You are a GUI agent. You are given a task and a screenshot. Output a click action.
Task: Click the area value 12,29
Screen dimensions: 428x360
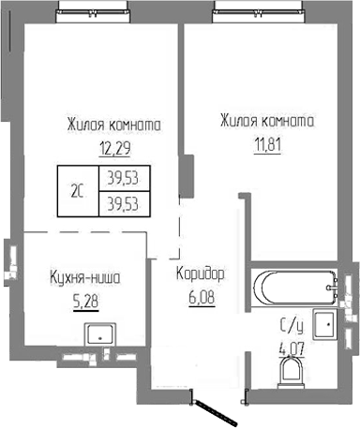pyautogui.click(x=114, y=146)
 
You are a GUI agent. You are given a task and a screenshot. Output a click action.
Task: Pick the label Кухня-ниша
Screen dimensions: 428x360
pyautogui.click(x=84, y=278)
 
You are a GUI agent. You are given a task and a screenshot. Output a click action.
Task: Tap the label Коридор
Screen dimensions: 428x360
pyautogui.click(x=200, y=276)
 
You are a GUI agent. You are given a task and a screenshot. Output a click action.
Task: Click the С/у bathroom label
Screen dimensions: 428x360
pyautogui.click(x=292, y=327)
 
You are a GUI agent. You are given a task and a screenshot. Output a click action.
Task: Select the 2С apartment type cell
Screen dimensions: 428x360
pyautogui.click(x=77, y=191)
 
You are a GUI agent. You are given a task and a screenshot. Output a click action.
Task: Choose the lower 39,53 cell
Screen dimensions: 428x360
pyautogui.click(x=124, y=201)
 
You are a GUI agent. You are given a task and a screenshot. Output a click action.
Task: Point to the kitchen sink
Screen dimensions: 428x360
pyautogui.click(x=97, y=332)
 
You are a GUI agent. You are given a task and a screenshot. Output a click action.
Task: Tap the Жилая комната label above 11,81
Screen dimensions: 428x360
pyautogui.click(x=266, y=122)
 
